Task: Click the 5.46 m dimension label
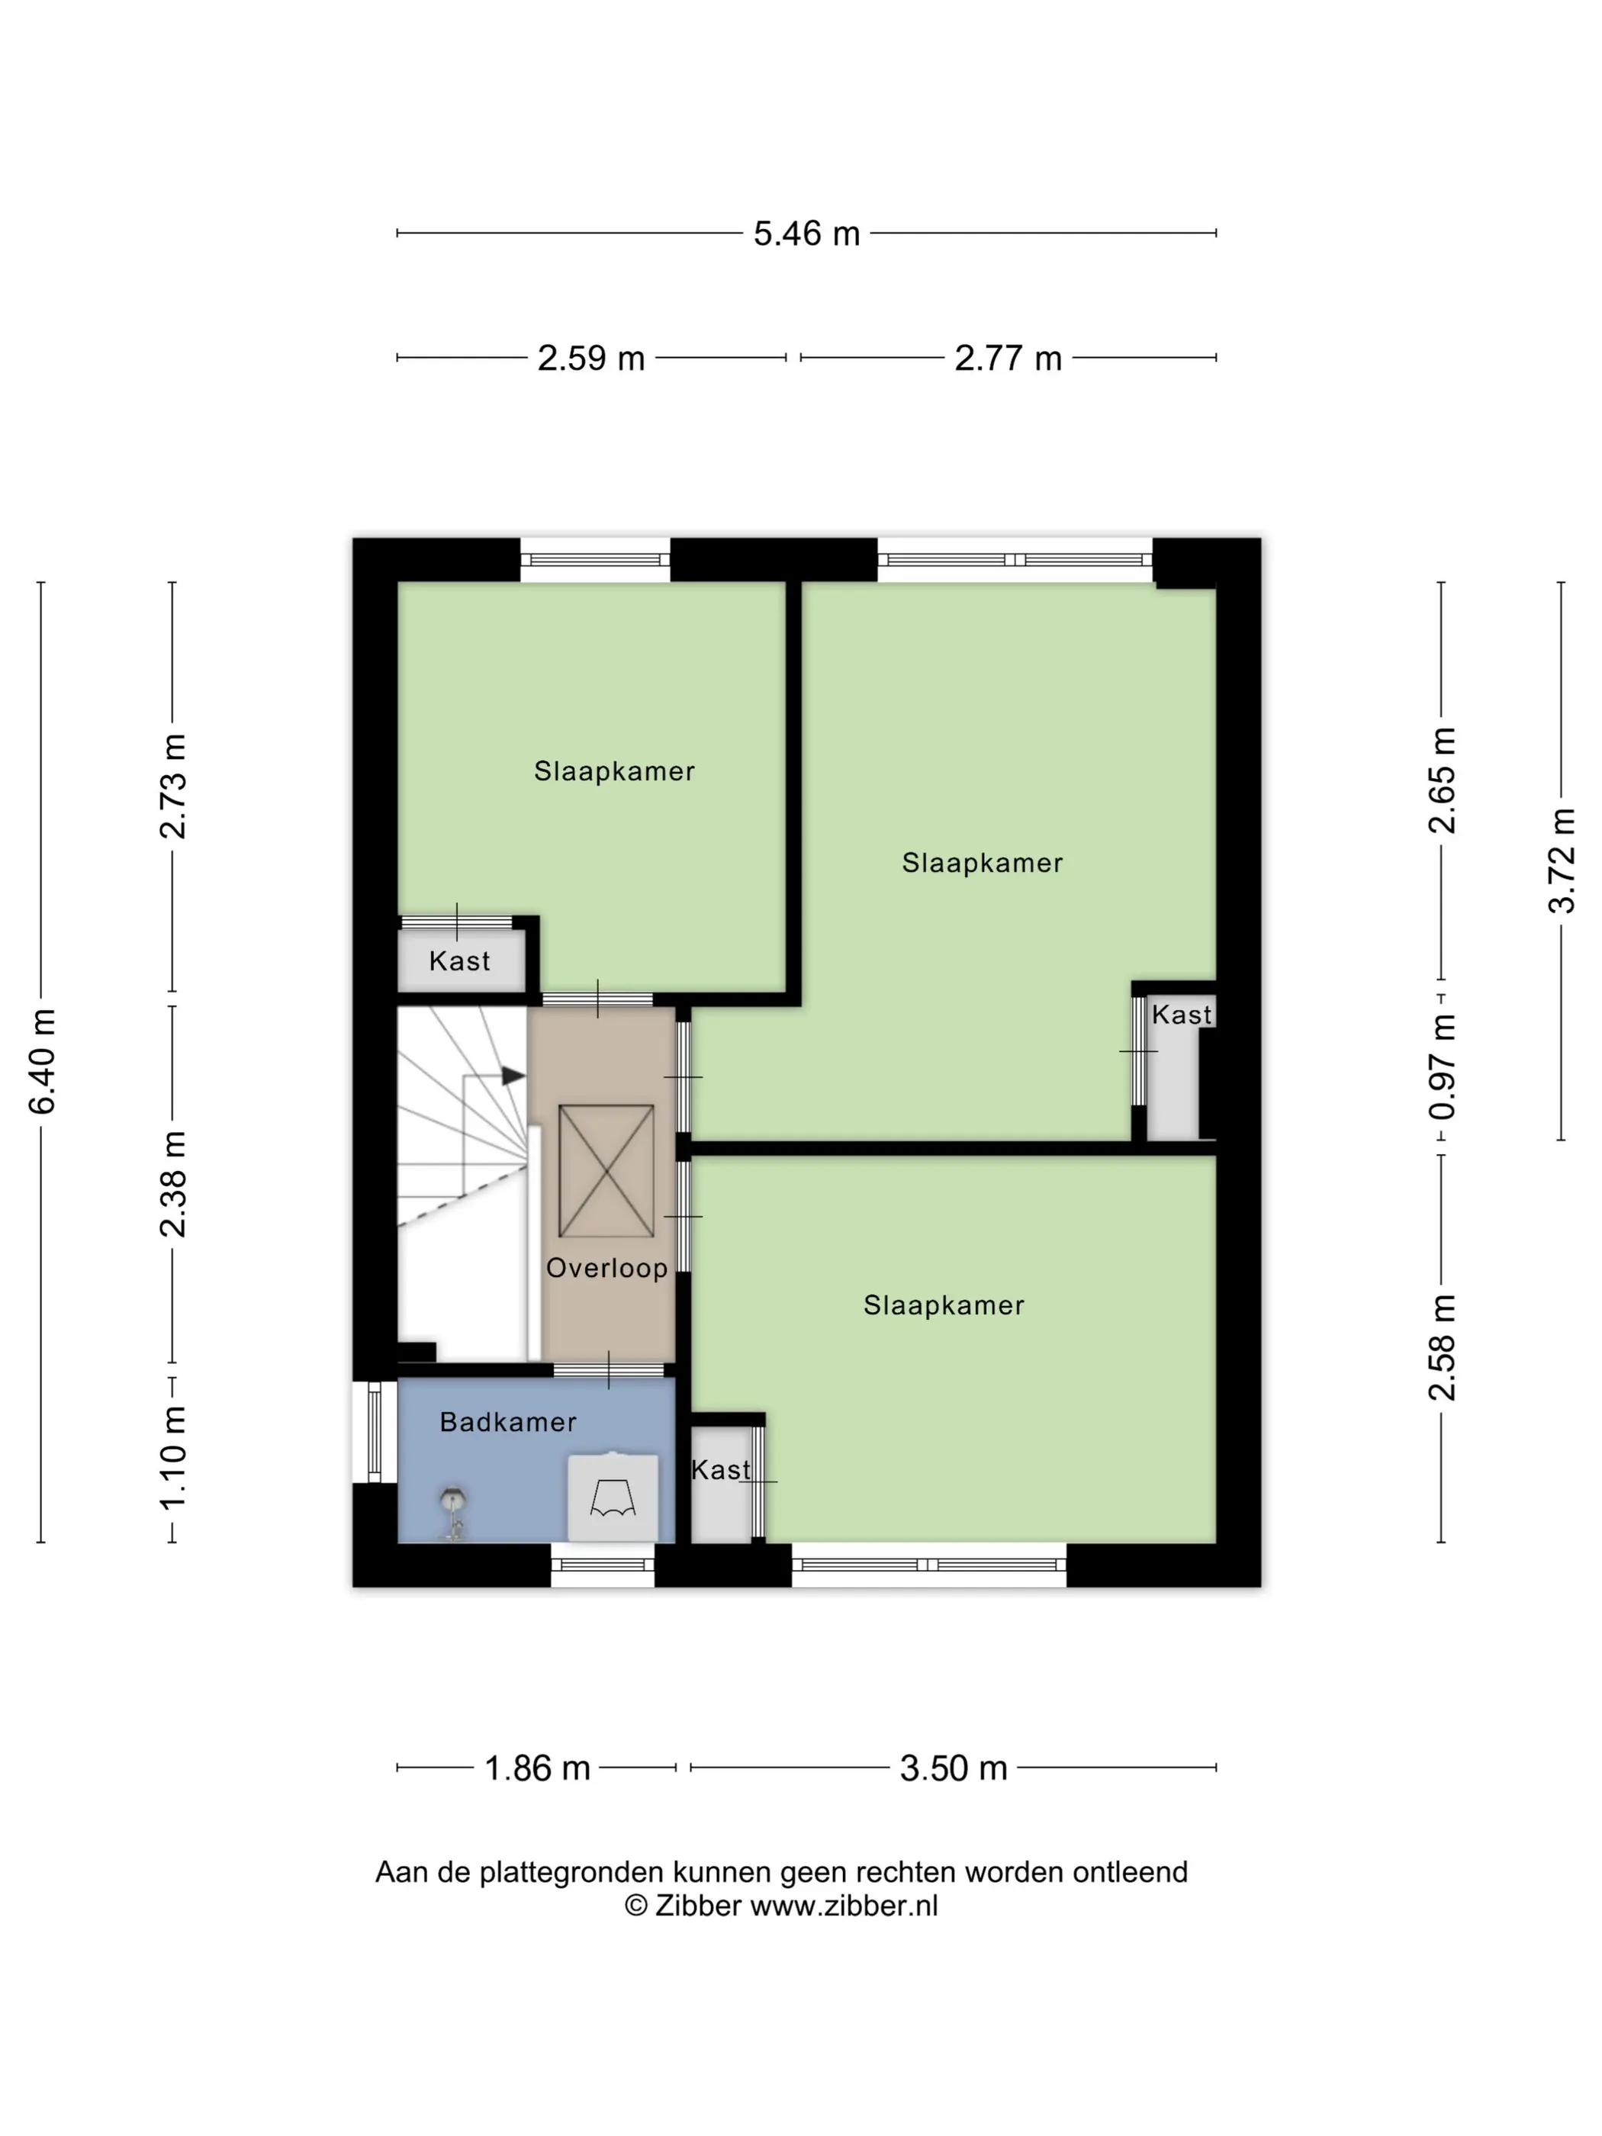(x=806, y=233)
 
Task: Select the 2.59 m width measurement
(x=591, y=359)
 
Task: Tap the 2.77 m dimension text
(x=1008, y=359)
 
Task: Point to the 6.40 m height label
(x=41, y=1060)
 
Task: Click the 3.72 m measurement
(x=1562, y=861)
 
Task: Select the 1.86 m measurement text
(x=537, y=1768)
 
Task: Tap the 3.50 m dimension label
(x=953, y=1768)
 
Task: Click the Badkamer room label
(x=508, y=1421)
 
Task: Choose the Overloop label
(x=606, y=1268)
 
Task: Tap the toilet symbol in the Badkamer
(x=452, y=1512)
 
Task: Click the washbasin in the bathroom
(x=613, y=1497)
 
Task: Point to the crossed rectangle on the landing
(x=606, y=1171)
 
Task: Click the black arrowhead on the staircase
(x=513, y=1076)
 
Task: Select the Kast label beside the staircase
(x=460, y=960)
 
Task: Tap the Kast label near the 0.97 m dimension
(x=1181, y=1014)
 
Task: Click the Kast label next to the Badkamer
(x=720, y=1470)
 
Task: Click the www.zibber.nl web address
(x=844, y=1905)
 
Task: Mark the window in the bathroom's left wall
(x=375, y=1431)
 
